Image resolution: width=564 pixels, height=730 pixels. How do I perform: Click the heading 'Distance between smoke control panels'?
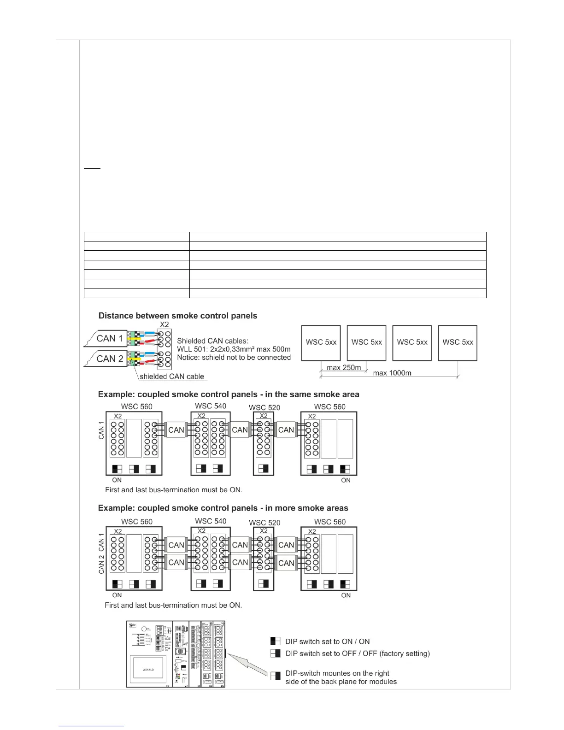(178, 316)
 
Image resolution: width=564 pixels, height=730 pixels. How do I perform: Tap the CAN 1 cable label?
(110, 338)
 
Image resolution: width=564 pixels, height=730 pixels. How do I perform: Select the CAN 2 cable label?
(110, 359)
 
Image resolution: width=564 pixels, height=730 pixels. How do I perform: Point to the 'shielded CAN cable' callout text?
(172, 377)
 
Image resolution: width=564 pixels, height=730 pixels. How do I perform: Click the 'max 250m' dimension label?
(344, 368)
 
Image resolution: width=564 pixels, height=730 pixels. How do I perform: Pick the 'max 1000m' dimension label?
(392, 373)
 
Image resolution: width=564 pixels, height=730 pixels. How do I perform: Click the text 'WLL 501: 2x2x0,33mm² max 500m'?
(234, 349)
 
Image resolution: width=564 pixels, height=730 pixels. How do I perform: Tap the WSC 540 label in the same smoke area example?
(211, 406)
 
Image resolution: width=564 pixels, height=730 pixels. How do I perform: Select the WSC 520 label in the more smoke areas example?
(264, 523)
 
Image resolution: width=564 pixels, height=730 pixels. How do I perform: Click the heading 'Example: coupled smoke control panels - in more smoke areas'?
(223, 508)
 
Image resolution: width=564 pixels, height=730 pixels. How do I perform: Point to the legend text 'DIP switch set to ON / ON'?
(328, 642)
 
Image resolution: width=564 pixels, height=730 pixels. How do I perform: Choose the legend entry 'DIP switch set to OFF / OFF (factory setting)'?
(358, 653)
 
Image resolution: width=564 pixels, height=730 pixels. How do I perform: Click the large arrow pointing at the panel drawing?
(247, 664)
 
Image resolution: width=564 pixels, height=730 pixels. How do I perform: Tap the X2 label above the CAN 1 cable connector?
(164, 324)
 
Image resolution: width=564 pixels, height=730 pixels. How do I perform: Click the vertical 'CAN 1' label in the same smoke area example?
(101, 430)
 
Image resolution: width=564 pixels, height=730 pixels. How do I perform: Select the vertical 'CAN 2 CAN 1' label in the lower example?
(101, 553)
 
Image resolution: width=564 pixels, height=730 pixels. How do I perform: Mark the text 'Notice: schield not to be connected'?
(234, 358)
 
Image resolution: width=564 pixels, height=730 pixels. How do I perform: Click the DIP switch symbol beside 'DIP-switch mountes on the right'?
(276, 676)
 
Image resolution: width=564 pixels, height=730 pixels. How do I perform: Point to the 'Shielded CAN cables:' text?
(212, 341)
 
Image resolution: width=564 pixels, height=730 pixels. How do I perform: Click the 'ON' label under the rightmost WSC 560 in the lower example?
(346, 595)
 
